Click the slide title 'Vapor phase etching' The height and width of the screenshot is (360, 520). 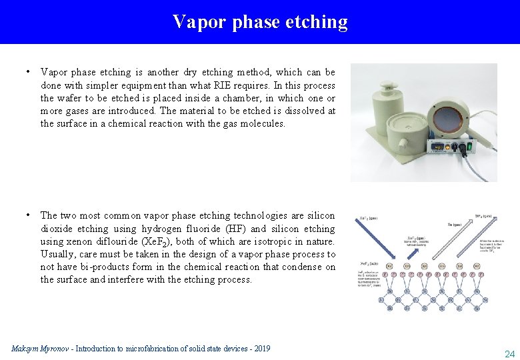[x=260, y=22]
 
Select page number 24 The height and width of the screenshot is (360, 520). [x=509, y=353]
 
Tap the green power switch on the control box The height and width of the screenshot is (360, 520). [x=469, y=143]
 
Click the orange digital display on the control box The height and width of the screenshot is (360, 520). [x=439, y=145]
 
